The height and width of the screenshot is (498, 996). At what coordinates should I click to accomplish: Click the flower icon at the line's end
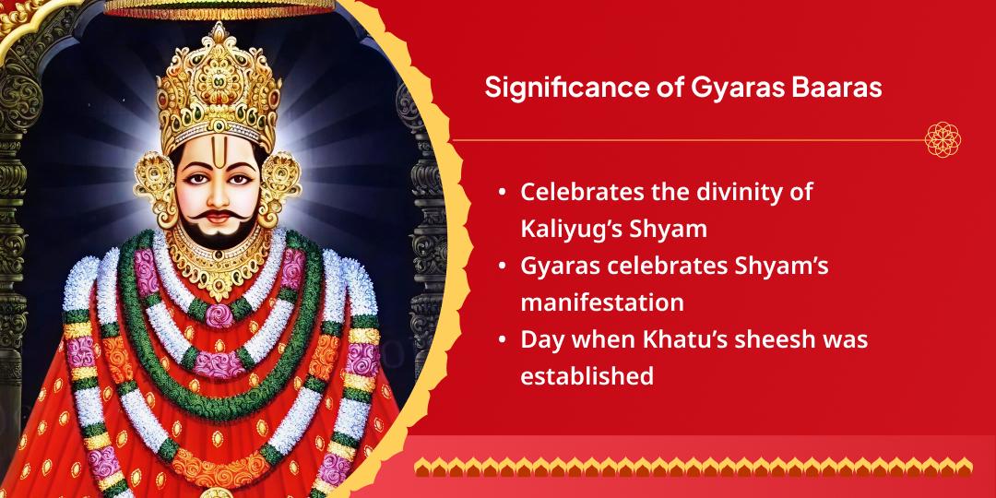click(x=943, y=140)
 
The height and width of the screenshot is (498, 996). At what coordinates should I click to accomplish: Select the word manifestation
click(x=602, y=302)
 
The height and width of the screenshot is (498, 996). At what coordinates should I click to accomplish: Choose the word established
click(x=587, y=375)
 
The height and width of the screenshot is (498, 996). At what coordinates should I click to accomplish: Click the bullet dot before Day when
click(x=501, y=339)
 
